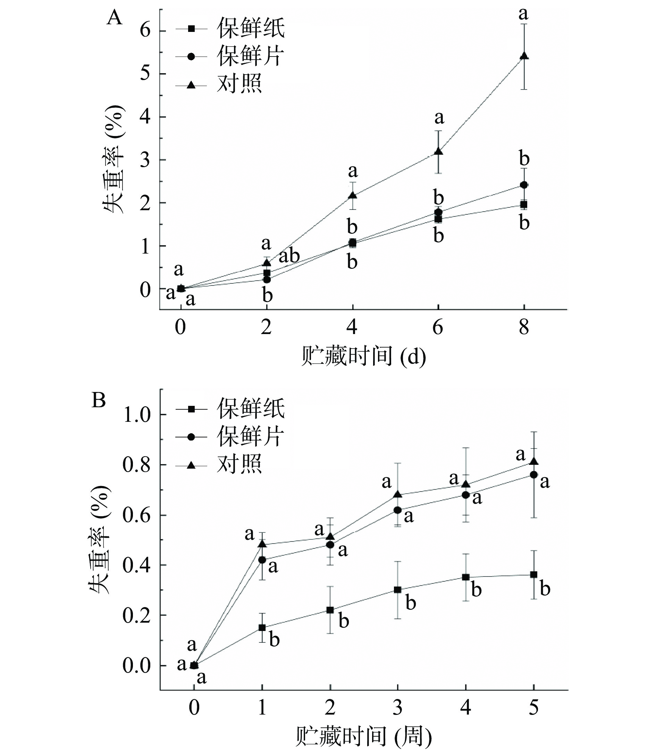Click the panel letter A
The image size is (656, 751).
pos(114,18)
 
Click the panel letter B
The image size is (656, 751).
pos(99,400)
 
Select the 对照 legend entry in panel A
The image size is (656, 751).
pos(239,85)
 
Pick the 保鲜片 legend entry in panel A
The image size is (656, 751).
pos(250,56)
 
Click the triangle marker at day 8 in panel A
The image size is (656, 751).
pos(524,56)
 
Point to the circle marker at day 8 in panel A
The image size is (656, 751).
pos(524,185)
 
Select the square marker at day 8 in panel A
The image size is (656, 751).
pos(524,204)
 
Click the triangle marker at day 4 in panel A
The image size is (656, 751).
pos(353,195)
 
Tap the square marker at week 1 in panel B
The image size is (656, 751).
pos(262,628)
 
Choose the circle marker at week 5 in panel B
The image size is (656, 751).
pos(534,475)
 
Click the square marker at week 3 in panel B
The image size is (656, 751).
pos(397,590)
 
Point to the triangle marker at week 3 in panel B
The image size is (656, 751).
pos(397,495)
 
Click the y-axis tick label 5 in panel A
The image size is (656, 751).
pos(145,74)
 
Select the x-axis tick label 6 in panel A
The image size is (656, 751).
pos(438,327)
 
